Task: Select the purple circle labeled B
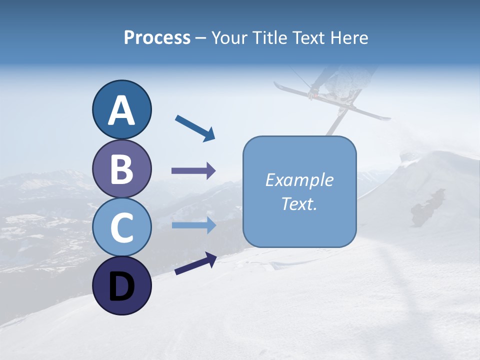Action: click(121, 168)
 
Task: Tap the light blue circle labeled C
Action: click(121, 227)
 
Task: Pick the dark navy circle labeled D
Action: click(121, 286)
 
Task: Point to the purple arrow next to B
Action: click(193, 171)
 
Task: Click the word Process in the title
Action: click(157, 37)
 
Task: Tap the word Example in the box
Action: click(299, 180)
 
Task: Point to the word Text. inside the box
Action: click(299, 204)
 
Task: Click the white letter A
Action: click(121, 111)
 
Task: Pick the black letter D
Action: click(121, 287)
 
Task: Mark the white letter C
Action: click(121, 228)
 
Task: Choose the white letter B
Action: click(121, 169)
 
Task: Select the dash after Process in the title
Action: click(200, 38)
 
